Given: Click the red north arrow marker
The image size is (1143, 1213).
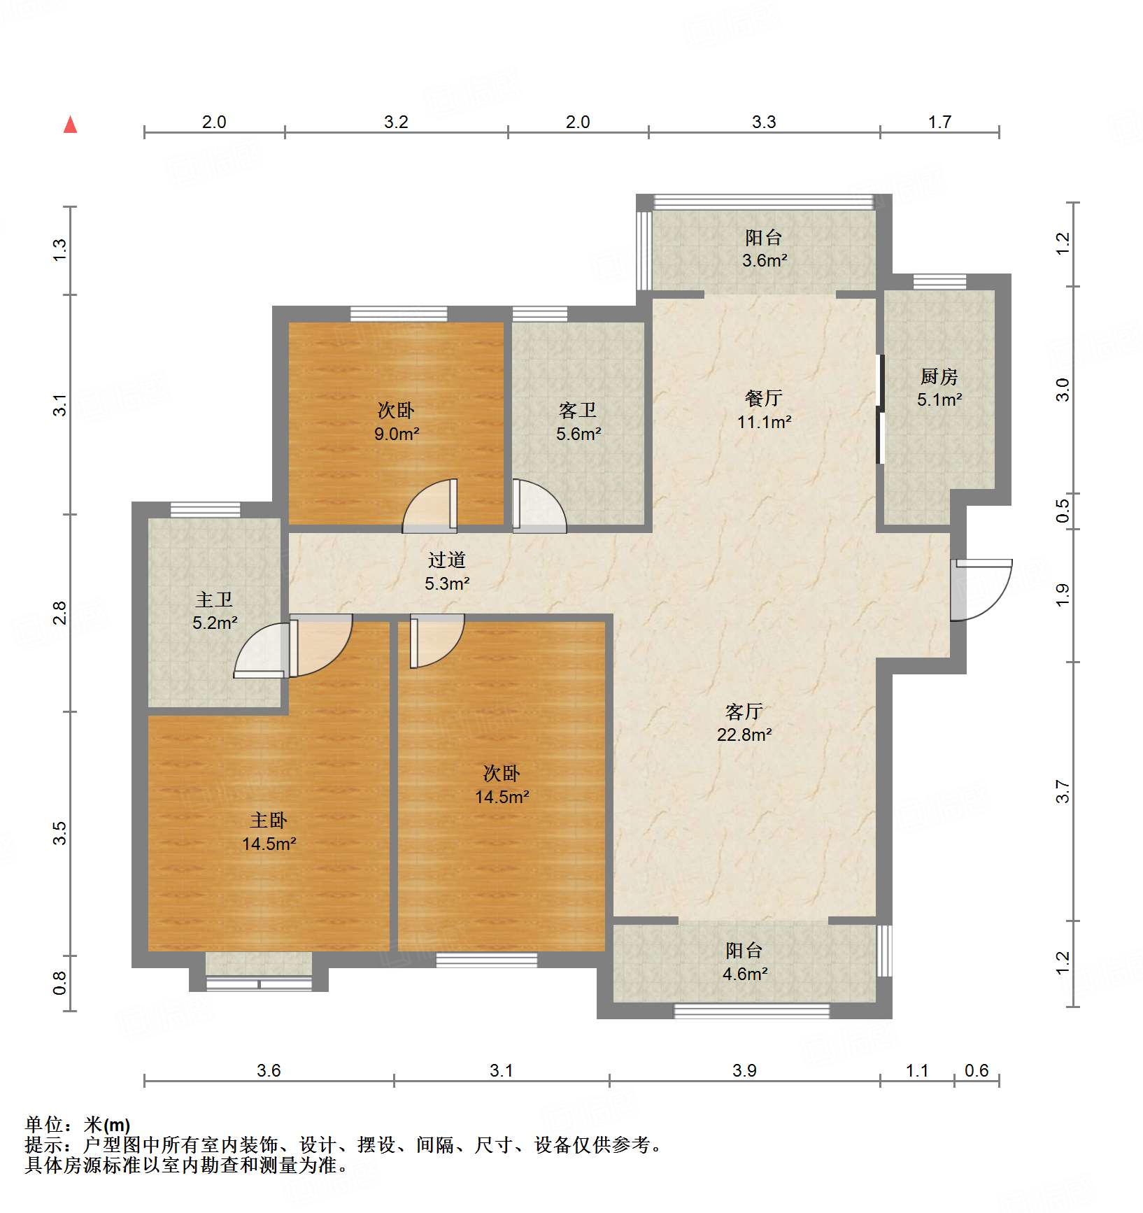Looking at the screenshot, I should point(70,125).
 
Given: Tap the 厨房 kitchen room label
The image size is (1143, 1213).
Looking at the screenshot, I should point(939,378).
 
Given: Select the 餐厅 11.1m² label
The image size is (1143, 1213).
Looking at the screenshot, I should point(763,410).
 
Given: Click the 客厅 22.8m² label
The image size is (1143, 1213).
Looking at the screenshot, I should point(744,723).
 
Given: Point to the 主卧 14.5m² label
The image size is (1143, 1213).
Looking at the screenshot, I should point(269,831).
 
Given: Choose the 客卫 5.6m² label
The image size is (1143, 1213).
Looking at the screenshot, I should point(578,422).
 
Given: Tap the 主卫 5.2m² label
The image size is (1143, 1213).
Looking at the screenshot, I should point(214,611).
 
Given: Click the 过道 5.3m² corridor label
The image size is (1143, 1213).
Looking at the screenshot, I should point(446,571).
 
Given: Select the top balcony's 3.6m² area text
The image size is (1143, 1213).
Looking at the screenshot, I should point(764,261).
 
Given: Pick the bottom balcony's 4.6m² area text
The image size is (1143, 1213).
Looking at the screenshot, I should point(744,974).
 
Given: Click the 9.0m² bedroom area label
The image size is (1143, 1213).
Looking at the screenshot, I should point(396,434).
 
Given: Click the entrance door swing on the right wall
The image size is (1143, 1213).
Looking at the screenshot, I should point(982,589).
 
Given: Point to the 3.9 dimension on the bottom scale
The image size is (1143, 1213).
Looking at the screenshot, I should point(744,1070).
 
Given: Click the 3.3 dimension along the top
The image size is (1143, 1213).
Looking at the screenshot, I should point(764,122).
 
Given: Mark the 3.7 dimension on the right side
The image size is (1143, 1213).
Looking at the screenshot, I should point(1063,792).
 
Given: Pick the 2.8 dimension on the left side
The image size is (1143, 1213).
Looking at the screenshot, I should point(60,613).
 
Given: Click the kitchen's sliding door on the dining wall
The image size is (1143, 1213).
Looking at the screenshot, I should point(881,410).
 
